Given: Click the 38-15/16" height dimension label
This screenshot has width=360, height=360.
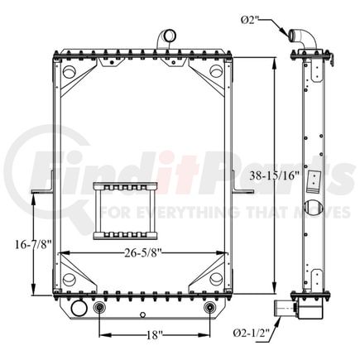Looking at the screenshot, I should coord(272,175).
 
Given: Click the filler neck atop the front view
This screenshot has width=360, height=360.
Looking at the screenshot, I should coord(165,39).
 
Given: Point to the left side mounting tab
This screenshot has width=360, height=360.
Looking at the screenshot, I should coord(41,193).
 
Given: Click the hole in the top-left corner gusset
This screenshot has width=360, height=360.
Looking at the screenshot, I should coord(66,72).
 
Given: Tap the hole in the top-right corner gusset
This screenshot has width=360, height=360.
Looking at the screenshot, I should coord(216,72).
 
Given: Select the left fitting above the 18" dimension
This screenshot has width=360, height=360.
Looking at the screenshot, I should coord(100,309).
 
